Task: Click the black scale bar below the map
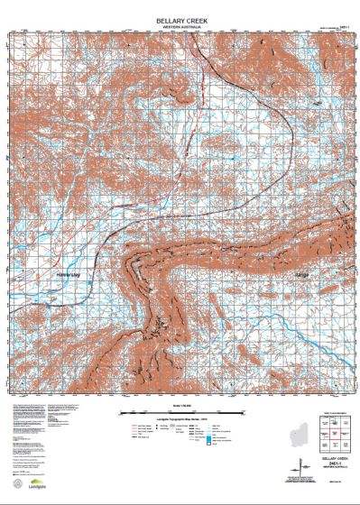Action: (180, 412)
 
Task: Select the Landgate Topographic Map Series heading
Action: (180, 420)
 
